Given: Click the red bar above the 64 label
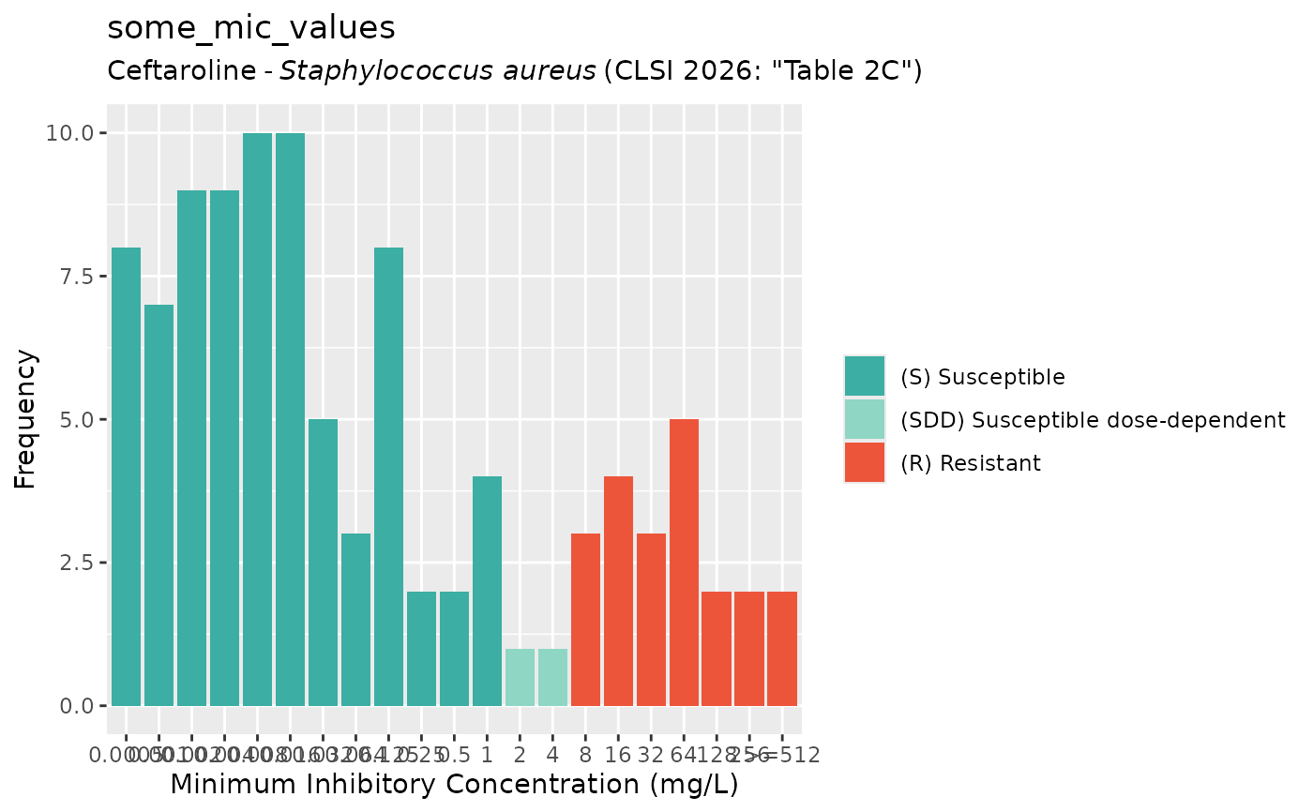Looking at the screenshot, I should point(684,563).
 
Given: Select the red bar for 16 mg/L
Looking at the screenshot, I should point(618,591).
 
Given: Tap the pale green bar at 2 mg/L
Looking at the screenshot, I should point(520,677).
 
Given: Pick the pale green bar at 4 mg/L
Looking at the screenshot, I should point(552,677).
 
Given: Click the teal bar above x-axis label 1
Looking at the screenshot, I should point(487,591).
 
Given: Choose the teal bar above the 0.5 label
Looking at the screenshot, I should point(454,648).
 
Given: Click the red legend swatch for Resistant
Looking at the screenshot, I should point(864,463).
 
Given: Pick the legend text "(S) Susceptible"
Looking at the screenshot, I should point(982,377).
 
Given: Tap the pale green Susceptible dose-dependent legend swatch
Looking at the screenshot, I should point(864,420).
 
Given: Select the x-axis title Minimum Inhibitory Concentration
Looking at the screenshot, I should point(454,785).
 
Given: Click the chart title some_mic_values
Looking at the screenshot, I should point(251,28).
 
